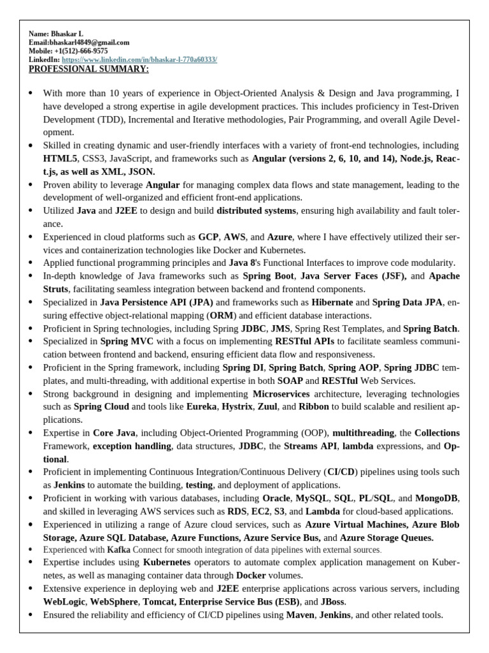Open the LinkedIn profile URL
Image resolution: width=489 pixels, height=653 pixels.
(139, 59)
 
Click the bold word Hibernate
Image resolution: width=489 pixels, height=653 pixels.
(330, 302)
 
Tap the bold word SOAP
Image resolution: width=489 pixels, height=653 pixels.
(290, 381)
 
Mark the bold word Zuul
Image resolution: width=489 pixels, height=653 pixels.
(271, 406)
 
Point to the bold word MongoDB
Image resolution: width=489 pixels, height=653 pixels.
(439, 497)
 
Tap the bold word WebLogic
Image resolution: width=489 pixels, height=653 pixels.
(64, 601)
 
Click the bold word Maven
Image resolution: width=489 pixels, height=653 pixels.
(301, 615)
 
